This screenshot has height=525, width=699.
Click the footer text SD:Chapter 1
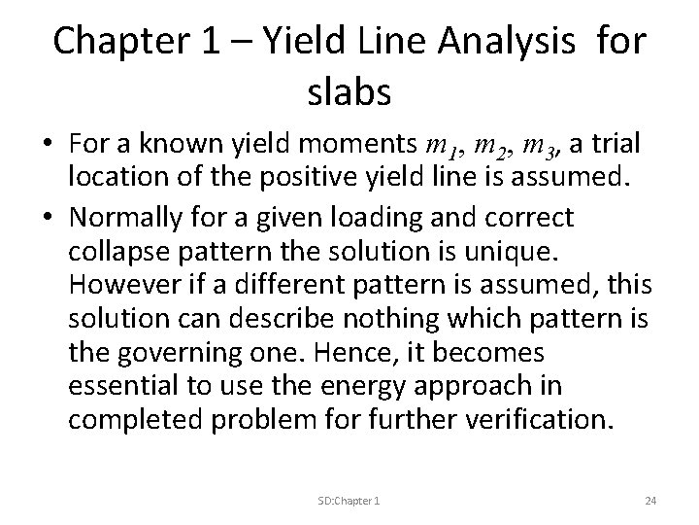[348, 500]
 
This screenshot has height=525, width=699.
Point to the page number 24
[651, 500]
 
